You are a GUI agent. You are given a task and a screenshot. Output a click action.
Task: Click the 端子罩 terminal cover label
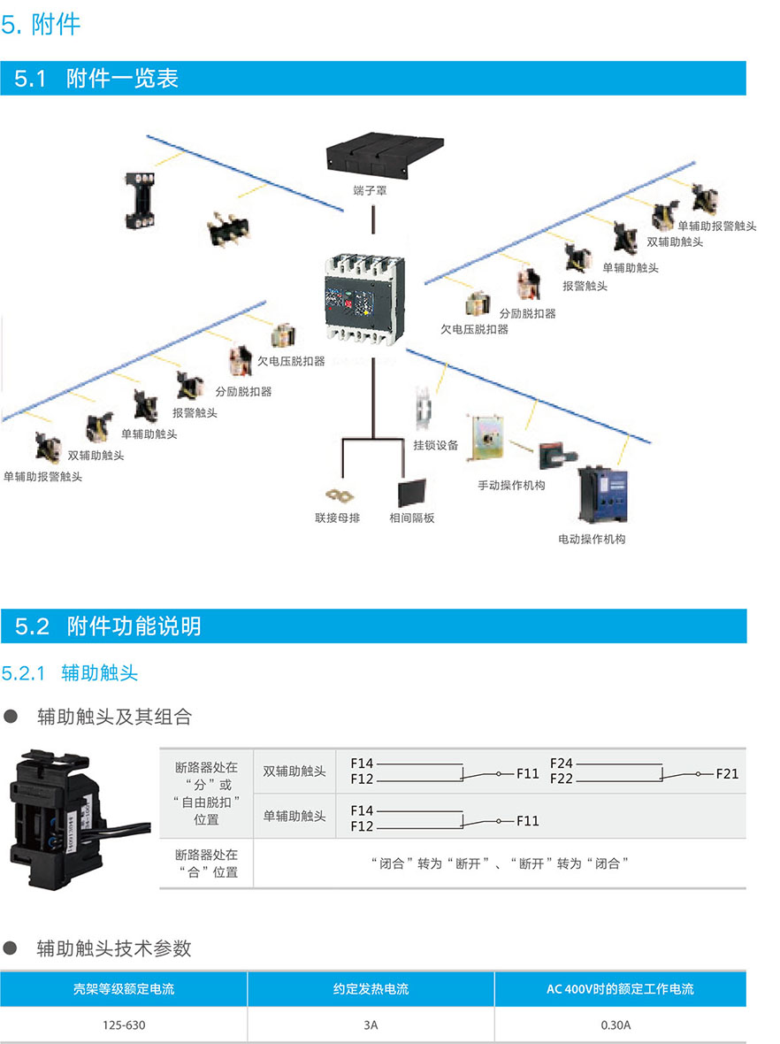click(x=370, y=190)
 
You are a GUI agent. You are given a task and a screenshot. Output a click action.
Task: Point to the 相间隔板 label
click(x=412, y=518)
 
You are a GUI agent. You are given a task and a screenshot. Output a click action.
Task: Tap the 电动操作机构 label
click(x=592, y=539)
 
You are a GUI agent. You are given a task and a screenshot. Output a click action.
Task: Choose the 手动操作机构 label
click(x=511, y=485)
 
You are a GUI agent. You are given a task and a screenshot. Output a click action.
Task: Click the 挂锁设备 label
click(x=436, y=445)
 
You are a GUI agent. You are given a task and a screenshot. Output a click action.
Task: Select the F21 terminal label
click(x=727, y=773)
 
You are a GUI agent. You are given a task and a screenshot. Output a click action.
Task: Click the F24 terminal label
click(x=562, y=763)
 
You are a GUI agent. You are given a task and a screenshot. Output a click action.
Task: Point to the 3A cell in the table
click(x=370, y=1025)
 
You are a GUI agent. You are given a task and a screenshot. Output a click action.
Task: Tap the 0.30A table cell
click(x=616, y=1025)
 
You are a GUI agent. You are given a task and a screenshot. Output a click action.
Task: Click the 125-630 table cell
click(x=124, y=1025)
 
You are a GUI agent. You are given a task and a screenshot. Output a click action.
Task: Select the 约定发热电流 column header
click(x=371, y=989)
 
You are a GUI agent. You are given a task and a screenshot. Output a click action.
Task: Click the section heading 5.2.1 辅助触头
click(x=70, y=673)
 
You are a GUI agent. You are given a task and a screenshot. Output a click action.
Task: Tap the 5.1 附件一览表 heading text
click(x=96, y=79)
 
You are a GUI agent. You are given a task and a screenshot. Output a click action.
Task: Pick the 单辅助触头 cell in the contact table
click(x=294, y=817)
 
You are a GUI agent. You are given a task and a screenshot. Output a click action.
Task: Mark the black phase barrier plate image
click(x=411, y=491)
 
